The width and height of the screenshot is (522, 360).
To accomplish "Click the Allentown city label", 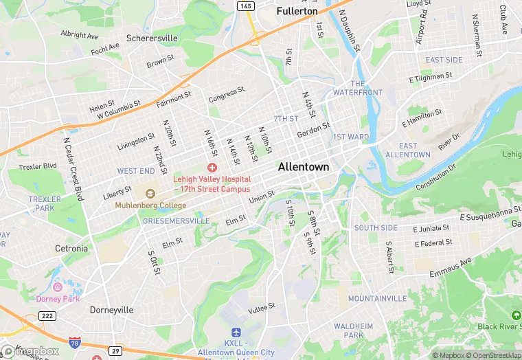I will click(x=303, y=167).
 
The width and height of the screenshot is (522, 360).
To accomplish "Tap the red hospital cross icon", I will click(x=212, y=168).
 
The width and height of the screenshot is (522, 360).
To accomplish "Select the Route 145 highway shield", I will click(x=245, y=5).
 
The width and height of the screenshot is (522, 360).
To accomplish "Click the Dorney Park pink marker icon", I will click(x=58, y=286).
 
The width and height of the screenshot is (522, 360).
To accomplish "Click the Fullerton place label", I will click(x=297, y=12).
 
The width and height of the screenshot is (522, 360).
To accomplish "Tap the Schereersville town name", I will click(x=152, y=38).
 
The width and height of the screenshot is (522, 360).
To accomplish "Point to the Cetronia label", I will click(x=71, y=248).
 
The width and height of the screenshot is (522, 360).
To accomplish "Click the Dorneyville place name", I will click(x=111, y=310).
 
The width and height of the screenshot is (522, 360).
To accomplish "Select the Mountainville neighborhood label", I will click(x=377, y=299).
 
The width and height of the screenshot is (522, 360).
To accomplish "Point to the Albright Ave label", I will click(x=79, y=34).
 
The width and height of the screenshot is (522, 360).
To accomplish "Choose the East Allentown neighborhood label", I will click(x=407, y=150).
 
